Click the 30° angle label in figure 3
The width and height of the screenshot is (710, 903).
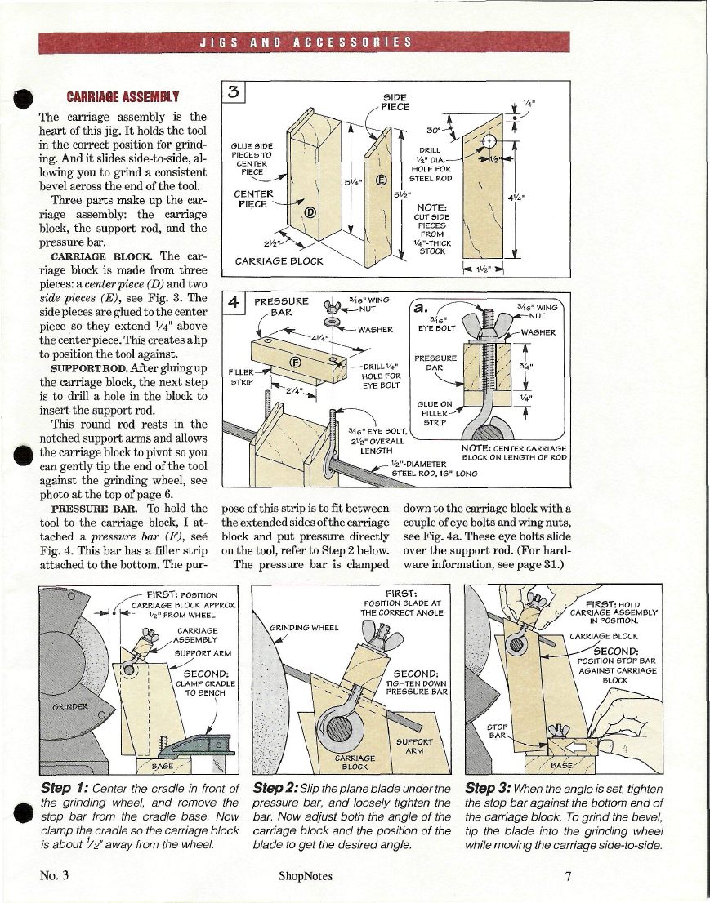click(x=434, y=131)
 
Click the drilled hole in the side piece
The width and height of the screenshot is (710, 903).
click(x=490, y=141)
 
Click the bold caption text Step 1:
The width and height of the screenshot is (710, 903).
click(x=64, y=789)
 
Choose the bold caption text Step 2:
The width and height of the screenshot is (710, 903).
click(x=278, y=789)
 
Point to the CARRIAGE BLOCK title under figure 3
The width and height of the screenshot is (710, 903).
click(x=279, y=262)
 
